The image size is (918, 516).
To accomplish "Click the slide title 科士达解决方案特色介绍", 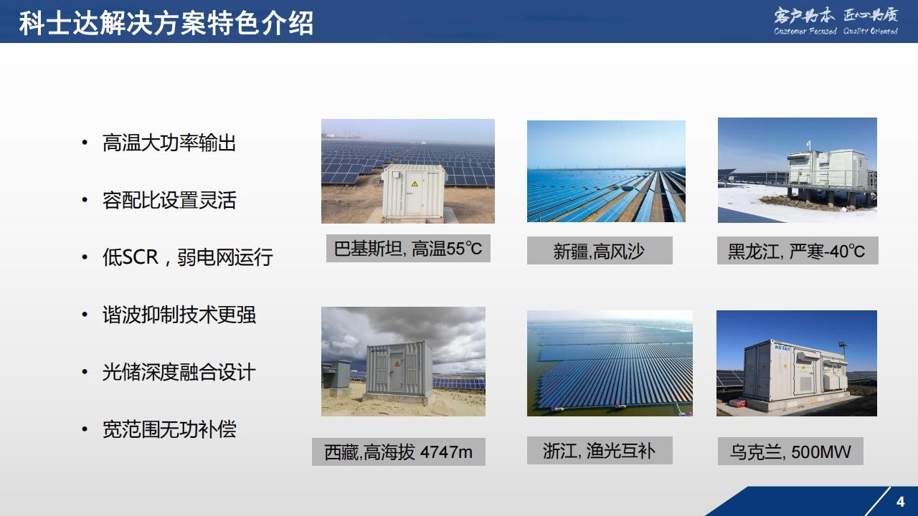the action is [166, 23].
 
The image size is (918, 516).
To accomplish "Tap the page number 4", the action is [900, 502].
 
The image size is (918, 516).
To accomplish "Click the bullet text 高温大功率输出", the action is [169, 143].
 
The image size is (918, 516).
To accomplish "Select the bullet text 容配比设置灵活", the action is [169, 200].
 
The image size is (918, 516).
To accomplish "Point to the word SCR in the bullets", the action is [140, 257].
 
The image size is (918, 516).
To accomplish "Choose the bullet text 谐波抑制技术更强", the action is [179, 315].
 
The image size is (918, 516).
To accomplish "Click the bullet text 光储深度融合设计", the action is [179, 372].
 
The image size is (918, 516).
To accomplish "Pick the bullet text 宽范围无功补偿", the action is [169, 429].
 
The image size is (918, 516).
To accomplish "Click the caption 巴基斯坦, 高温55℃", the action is [408, 249].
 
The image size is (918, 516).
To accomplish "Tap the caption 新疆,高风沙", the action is [599, 251].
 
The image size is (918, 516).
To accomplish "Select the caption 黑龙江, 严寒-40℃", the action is [797, 251].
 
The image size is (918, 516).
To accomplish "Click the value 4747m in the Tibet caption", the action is [446, 452].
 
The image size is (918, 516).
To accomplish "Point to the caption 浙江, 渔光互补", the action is [599, 451].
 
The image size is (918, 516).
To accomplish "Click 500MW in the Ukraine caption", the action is [821, 452].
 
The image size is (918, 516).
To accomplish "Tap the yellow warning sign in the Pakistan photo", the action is [415, 184].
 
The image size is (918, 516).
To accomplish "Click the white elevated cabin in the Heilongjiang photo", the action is [827, 168].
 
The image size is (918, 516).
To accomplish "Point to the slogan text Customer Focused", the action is [805, 31].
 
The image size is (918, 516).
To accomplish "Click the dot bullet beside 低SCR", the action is [85, 257].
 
